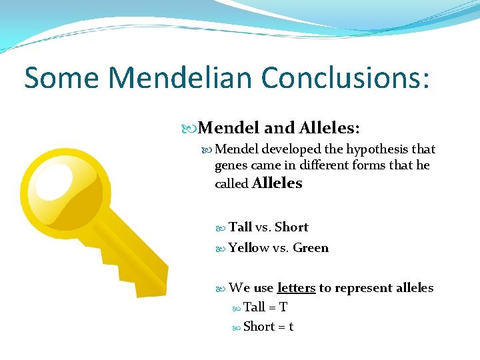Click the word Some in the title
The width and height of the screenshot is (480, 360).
tap(61, 78)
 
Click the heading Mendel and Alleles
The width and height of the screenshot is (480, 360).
tap(279, 127)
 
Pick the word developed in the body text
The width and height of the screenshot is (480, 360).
tap(289, 149)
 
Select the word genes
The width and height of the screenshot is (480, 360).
tap(231, 165)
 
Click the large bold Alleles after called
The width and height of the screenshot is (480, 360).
tap(277, 183)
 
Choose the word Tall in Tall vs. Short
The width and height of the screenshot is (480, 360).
tap(240, 227)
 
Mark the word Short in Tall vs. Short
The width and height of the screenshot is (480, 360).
tap(291, 227)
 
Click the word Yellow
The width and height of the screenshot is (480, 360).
tap(249, 248)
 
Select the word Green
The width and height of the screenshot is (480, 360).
tap(311, 248)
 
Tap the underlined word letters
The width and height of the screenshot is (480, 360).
tap(296, 288)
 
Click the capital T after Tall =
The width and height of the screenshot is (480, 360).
tap(283, 307)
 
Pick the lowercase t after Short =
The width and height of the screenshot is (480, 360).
tap(291, 327)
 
